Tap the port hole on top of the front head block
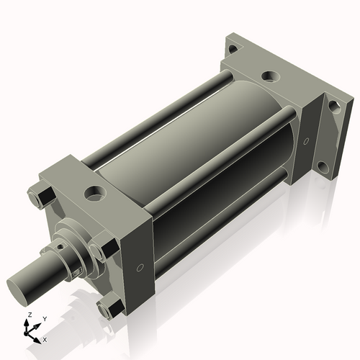94,192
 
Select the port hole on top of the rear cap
270,74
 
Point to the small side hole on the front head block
141,267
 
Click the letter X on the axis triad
45,338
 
